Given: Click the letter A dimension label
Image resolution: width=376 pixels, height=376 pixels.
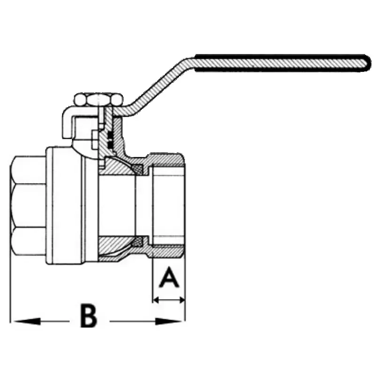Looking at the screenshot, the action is coord(169,277).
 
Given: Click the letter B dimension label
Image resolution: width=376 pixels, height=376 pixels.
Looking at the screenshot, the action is coord(89,315).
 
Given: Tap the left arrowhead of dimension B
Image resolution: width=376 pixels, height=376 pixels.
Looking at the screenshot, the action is coord(27,321).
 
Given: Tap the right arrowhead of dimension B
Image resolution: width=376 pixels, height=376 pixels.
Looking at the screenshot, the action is coord(168,321).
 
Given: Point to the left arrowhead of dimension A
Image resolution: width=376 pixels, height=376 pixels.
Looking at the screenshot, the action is coord(157,300).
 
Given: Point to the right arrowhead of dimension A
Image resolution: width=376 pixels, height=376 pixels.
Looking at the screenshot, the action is coord(181,300).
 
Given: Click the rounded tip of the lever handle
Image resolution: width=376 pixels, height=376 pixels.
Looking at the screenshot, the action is coord(367,63).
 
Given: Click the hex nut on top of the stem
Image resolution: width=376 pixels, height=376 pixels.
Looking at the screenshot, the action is coord(99,100).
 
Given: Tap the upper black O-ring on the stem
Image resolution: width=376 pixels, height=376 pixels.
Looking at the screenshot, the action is coord(110,135).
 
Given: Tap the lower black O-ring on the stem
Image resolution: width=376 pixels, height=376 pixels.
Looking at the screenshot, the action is coord(110,144).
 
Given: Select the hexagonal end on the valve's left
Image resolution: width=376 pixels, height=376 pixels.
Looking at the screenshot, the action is coord(28,206).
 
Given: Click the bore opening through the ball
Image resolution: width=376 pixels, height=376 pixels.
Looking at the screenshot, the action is coord(117,206).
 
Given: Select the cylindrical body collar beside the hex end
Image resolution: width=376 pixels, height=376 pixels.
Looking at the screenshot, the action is coord(65,206).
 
